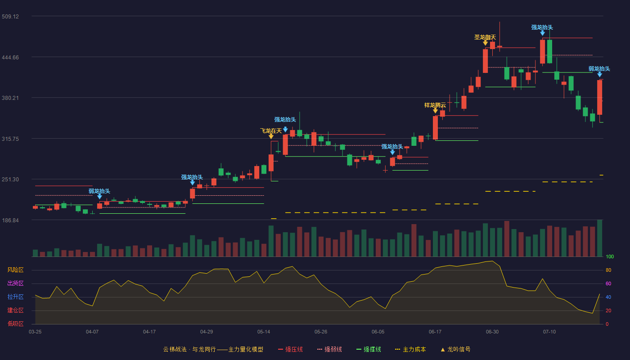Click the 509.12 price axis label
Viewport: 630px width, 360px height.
[x=10, y=17]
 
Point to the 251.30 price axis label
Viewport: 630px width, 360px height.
[x=10, y=180]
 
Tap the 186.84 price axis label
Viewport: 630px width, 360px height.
[x=10, y=220]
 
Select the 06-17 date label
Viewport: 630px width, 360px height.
[x=435, y=332]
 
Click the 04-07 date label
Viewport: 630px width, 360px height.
[x=92, y=332]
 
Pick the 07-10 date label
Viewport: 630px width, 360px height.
[x=549, y=332]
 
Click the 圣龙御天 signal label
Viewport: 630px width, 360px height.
[x=485, y=37]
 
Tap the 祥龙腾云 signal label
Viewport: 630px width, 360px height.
[x=435, y=105]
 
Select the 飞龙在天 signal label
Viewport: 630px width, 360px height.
[x=271, y=131]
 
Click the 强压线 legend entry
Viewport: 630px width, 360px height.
[x=290, y=349]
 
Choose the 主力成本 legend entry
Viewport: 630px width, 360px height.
[x=410, y=349]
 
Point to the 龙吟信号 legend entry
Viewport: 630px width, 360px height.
[x=455, y=349]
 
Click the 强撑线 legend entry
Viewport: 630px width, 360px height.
[x=369, y=349]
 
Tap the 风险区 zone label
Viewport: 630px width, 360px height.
[x=15, y=270]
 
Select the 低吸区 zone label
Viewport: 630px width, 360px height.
[x=15, y=324]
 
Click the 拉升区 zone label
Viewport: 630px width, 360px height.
[x=15, y=297]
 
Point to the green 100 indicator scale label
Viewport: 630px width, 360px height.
[x=610, y=256]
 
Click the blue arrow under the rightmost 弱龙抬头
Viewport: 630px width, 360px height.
[x=599, y=75]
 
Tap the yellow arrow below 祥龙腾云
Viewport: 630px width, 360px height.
[x=436, y=111]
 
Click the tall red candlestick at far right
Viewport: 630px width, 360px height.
[x=599, y=97]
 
